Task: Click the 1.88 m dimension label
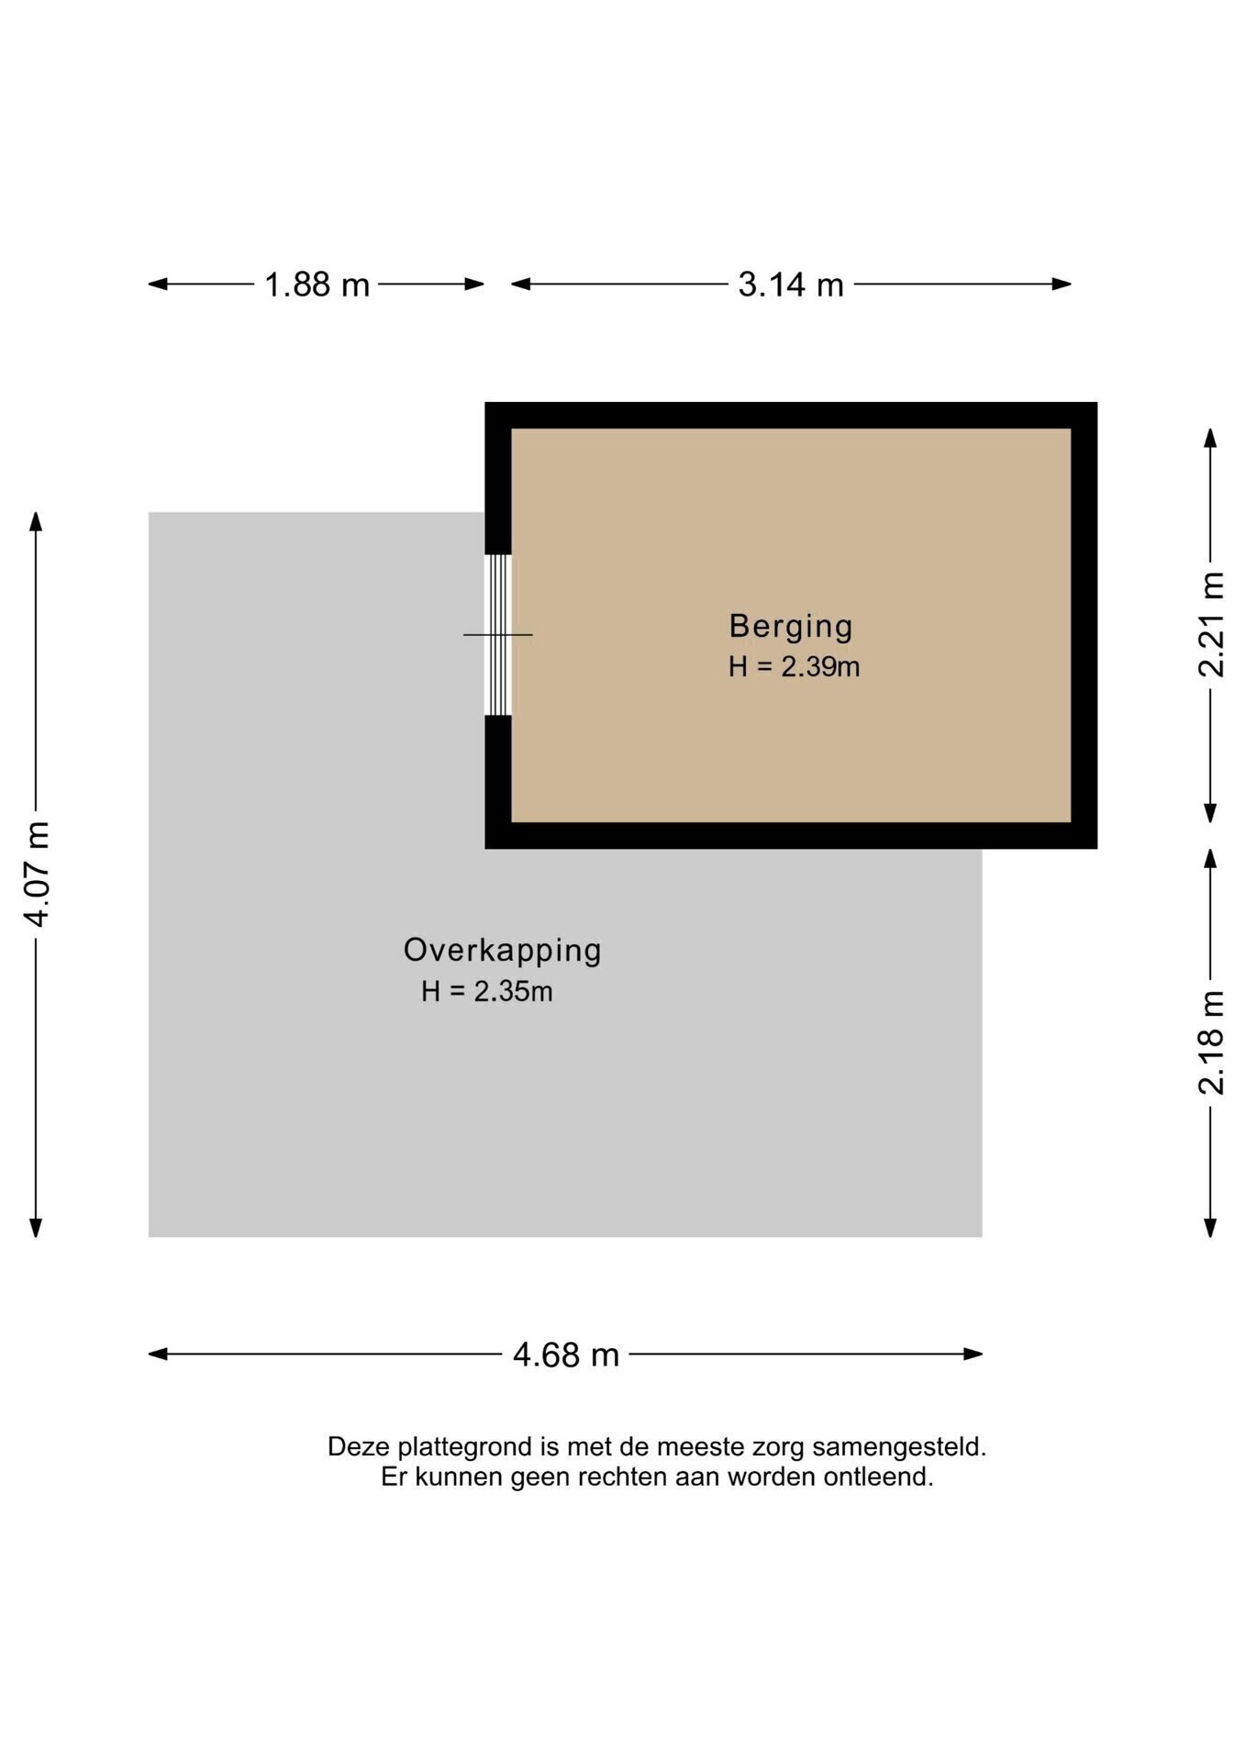[x=317, y=284]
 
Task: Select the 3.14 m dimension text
[x=791, y=284]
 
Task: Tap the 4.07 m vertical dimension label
[x=37, y=875]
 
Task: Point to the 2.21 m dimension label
[x=1211, y=624]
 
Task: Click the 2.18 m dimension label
[x=1211, y=1043]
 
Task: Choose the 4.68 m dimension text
[x=566, y=1355]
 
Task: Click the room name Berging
[x=791, y=626]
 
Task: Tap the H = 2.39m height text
[x=795, y=667]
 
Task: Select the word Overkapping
[x=503, y=951]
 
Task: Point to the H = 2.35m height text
[x=487, y=992]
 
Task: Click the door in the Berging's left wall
[x=498, y=635]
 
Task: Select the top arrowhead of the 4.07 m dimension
[x=36, y=521]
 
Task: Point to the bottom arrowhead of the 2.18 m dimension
[x=1210, y=1228]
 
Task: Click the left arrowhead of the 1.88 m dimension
[x=158, y=284]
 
